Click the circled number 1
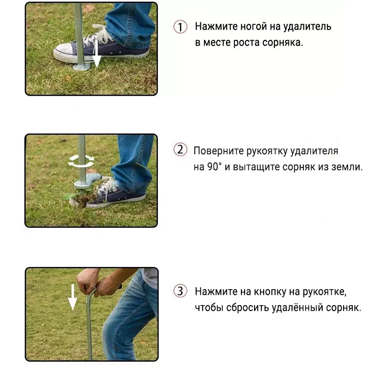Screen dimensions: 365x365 coord(181,27)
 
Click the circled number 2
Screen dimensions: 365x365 coord(181,150)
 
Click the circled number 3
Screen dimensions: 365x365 coord(181,291)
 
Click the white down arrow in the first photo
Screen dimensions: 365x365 coord(96,55)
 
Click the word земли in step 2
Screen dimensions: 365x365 coord(347,167)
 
